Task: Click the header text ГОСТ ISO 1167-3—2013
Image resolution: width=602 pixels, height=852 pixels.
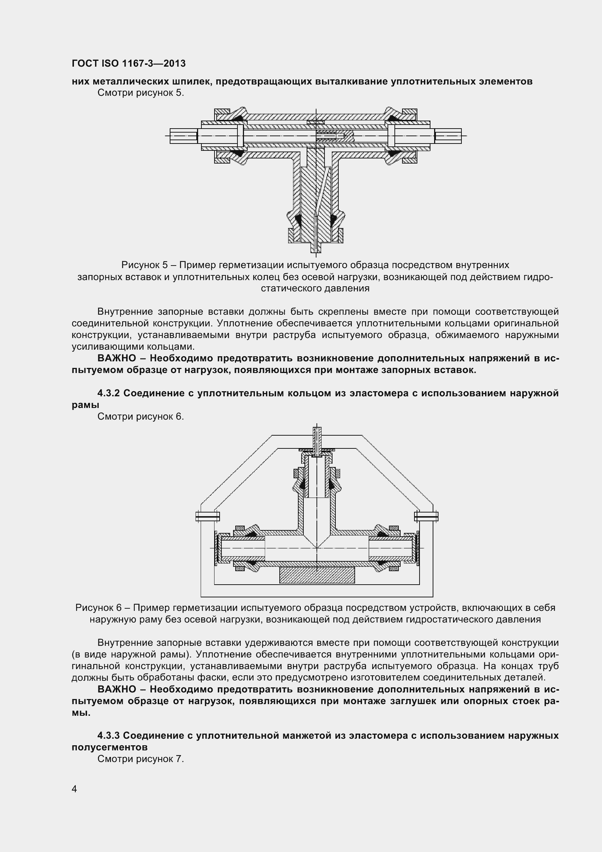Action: [128, 63]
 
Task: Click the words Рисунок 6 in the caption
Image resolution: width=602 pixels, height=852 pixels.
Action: [99, 608]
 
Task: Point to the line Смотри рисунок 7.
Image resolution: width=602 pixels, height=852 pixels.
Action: [141, 759]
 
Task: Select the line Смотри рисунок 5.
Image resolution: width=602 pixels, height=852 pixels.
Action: [141, 93]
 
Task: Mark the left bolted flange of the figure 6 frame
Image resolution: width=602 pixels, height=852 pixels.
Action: [207, 516]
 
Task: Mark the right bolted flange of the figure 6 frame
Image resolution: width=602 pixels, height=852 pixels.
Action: [426, 516]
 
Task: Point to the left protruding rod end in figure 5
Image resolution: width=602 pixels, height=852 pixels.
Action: [184, 136]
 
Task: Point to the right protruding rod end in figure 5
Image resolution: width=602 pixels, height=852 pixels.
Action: [448, 136]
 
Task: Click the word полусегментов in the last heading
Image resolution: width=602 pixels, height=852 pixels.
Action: [109, 747]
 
